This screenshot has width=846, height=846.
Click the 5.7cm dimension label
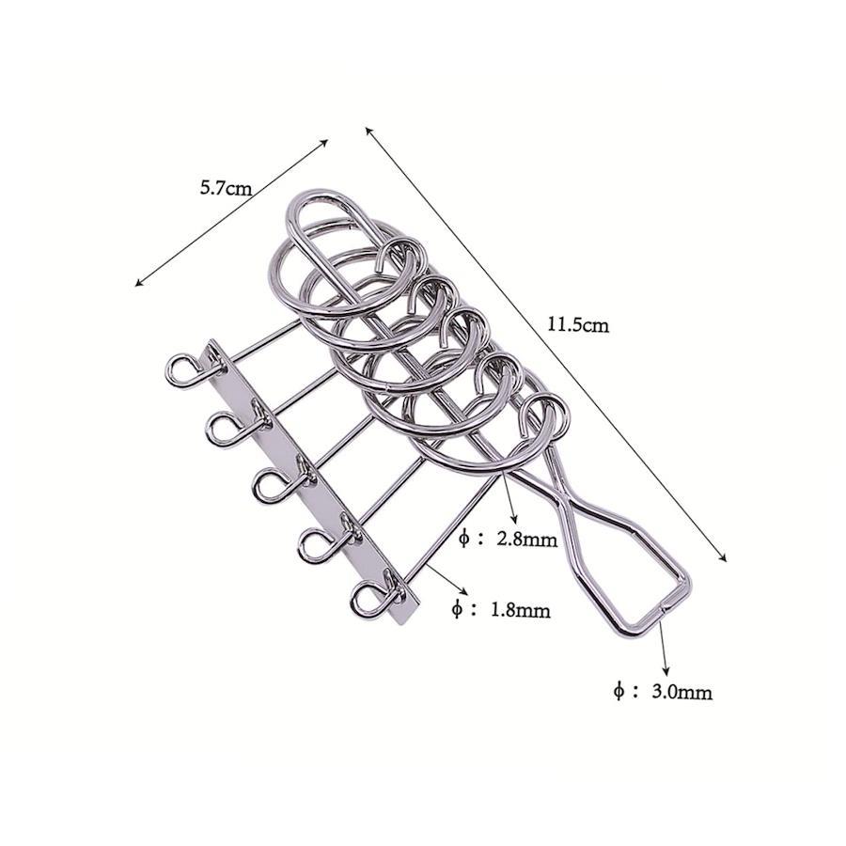[x=226, y=188]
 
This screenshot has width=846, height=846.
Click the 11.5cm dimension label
[x=578, y=324]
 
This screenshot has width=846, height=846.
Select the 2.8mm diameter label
[x=526, y=539]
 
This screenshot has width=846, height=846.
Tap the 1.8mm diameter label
[x=520, y=610]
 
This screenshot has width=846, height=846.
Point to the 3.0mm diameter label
[x=682, y=692]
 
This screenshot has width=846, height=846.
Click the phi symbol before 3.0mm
[x=619, y=691]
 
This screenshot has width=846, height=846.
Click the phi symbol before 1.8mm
[x=457, y=610]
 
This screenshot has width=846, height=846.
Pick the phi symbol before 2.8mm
[x=464, y=539]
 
